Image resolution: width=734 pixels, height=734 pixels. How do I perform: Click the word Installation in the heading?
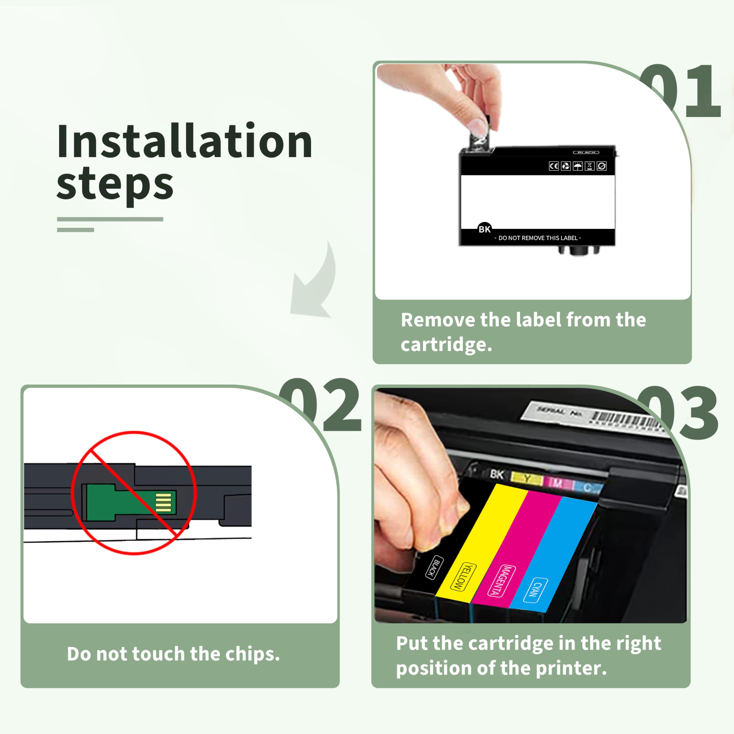[x=185, y=141]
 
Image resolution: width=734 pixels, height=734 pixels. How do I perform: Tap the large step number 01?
[x=680, y=91]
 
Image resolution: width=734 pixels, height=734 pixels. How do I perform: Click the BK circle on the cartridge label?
[x=484, y=229]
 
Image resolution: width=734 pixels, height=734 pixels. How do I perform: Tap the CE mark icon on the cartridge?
[x=554, y=166]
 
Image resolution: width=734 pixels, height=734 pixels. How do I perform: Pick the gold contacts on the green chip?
[x=164, y=502]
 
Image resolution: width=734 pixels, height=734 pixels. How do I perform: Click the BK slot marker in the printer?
[x=497, y=474]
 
